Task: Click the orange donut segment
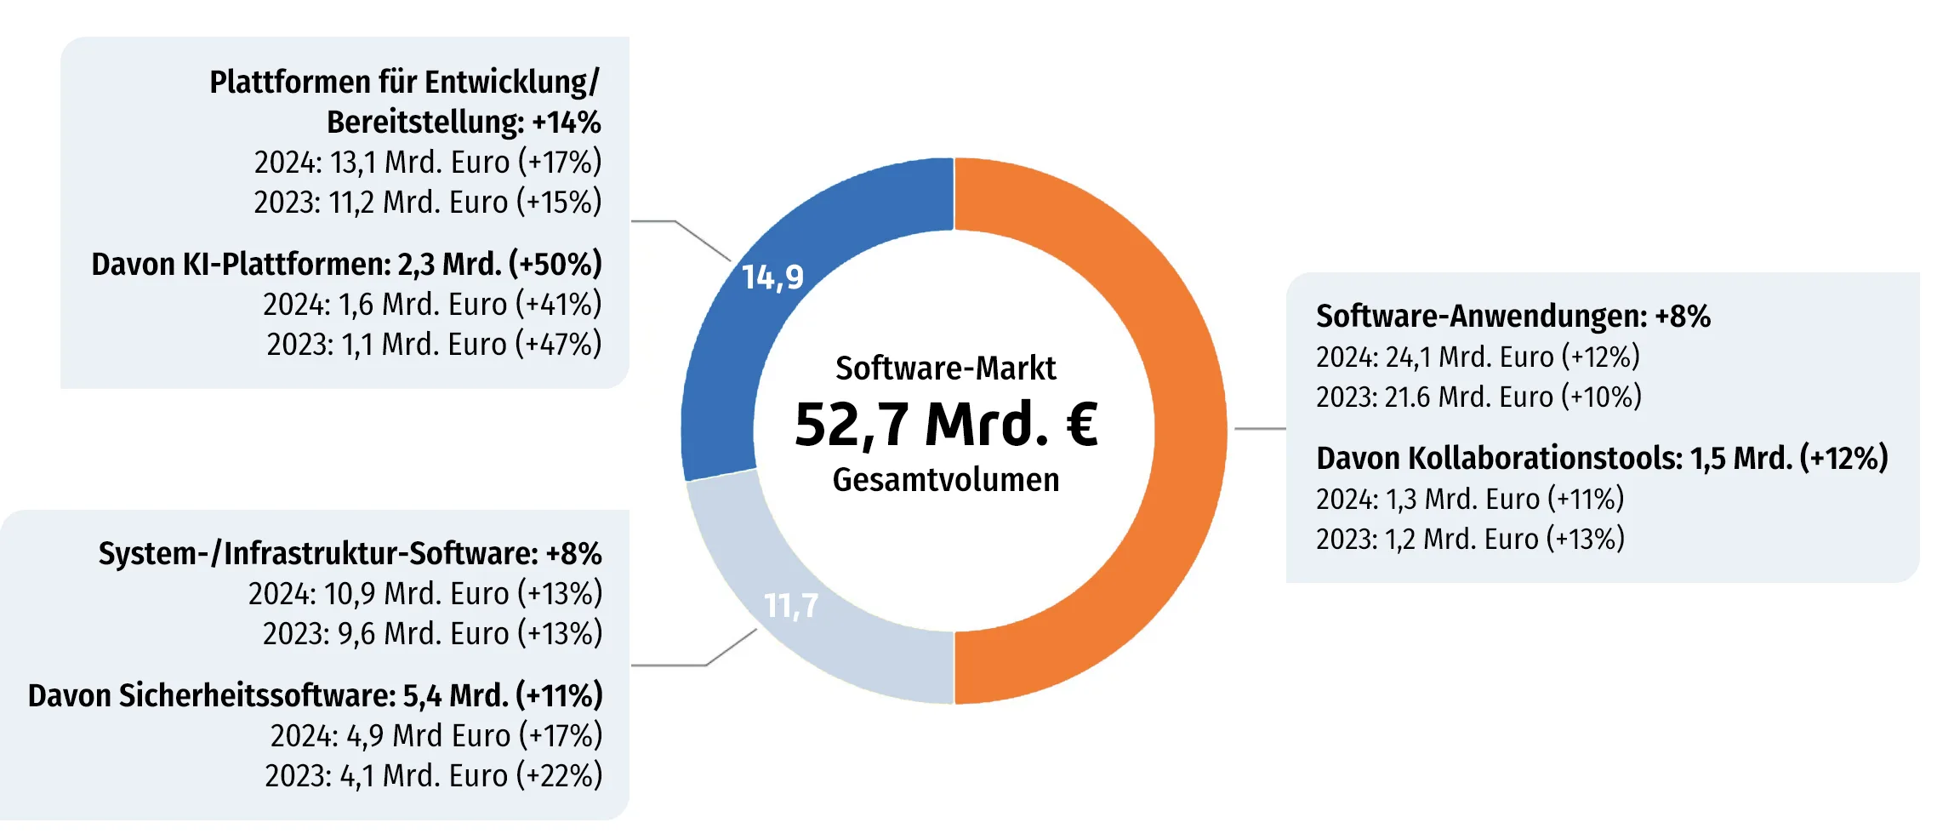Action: point(1189,430)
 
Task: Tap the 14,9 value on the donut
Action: point(772,277)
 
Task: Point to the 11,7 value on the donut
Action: point(791,606)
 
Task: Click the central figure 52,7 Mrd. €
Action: point(946,424)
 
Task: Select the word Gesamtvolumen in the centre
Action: point(946,480)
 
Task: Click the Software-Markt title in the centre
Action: point(946,368)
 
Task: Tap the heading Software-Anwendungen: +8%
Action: point(1513,316)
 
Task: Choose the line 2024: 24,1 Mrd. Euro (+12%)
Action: point(1478,357)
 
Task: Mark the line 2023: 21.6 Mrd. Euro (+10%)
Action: point(1478,397)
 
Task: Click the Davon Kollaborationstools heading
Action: point(1602,458)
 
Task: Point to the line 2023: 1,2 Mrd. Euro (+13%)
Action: point(1470,539)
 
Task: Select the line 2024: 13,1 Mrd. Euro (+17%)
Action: point(428,162)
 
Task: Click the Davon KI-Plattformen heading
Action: point(346,264)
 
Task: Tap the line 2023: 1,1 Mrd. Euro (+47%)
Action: point(434,344)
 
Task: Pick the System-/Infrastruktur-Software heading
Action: point(350,553)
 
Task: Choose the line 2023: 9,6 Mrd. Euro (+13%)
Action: point(432,633)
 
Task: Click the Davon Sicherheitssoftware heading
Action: point(315,695)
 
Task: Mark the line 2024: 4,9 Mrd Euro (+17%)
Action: point(436,735)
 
